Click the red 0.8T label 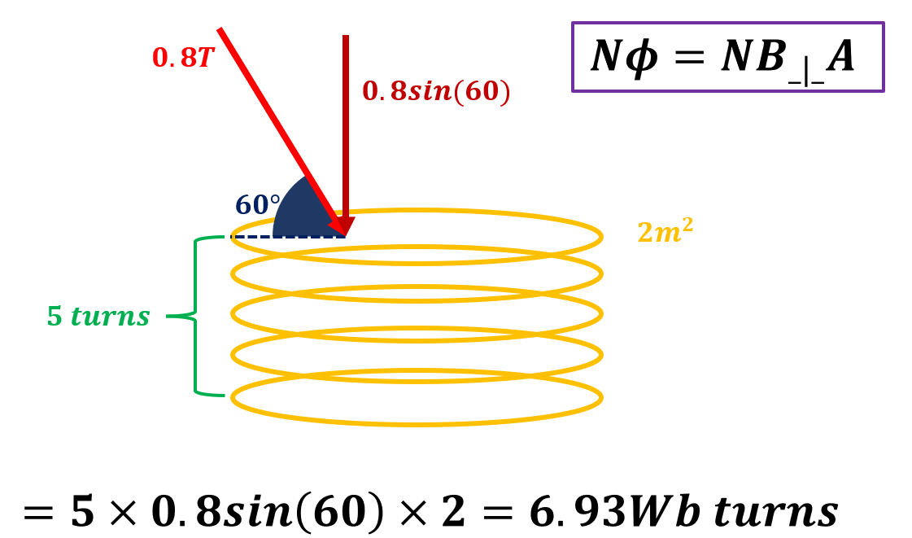[x=182, y=59]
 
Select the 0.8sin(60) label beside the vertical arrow [x=436, y=92]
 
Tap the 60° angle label [x=257, y=205]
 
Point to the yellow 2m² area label [x=665, y=232]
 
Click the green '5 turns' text [x=98, y=317]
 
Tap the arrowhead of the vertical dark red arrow [x=345, y=225]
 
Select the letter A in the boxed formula [x=840, y=57]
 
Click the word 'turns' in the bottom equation [x=775, y=513]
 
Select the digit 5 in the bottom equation [x=82, y=513]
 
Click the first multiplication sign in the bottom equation [x=122, y=514]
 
